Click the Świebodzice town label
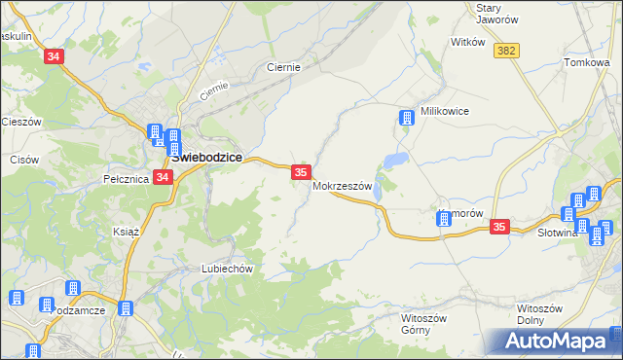pos(206,157)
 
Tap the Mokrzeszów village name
pos(343,186)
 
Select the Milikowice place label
pos(444,111)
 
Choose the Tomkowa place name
pos(587,63)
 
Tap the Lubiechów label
pos(227,269)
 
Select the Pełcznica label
pos(125,179)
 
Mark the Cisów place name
pos(22,159)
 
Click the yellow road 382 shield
pos(504,51)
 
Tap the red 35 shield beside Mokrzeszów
pos(301,172)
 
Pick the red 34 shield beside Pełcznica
pos(163,177)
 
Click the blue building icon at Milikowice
pos(406,119)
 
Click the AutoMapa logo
pos(556,341)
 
